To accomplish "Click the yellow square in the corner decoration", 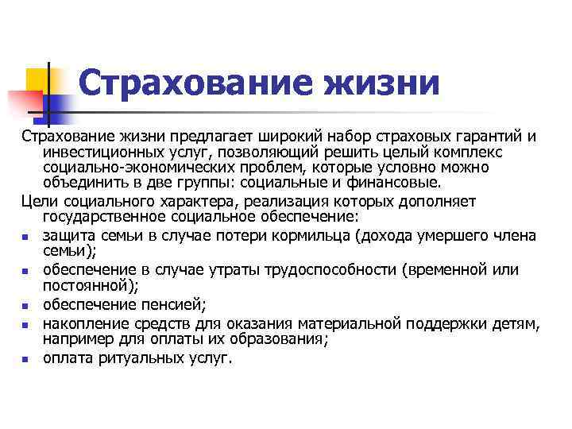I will pyautogui.click(x=37, y=79).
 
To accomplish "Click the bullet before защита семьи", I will pyautogui.click(x=26, y=237).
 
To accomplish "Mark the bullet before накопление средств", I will pyautogui.click(x=26, y=325).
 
